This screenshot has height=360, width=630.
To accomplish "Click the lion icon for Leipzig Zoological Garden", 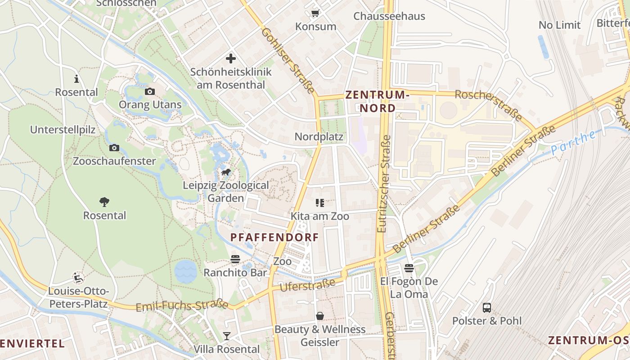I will [x=226, y=173].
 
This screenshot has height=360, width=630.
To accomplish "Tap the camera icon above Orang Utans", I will [x=150, y=92].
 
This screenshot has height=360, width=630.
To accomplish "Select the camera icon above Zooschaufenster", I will [x=114, y=148].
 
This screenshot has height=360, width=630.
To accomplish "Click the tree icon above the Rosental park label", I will [x=104, y=202].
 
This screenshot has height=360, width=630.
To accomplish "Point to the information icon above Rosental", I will [x=76, y=79].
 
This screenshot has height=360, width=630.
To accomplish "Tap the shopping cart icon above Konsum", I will [x=315, y=13].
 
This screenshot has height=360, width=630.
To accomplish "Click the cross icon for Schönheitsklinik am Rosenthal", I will [x=231, y=58].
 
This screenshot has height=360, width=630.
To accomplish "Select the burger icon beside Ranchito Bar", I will [x=235, y=259].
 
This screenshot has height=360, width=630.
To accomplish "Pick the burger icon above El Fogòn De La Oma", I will [x=409, y=269].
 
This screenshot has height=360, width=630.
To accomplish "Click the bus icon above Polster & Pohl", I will [x=487, y=308].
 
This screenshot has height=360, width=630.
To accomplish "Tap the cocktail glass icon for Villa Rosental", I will [x=226, y=336].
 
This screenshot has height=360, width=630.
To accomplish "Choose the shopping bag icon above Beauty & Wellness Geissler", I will [x=320, y=316].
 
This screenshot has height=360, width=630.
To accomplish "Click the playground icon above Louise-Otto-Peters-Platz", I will [x=78, y=278].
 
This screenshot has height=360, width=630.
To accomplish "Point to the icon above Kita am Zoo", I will [x=320, y=203].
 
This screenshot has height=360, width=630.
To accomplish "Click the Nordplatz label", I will [x=319, y=137].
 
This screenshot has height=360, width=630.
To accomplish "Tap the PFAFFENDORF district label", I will [x=274, y=237].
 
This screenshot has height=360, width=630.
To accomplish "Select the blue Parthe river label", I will [x=573, y=143].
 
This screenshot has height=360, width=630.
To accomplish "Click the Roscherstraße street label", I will [x=489, y=105].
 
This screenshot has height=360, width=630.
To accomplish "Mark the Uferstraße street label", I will [x=307, y=285].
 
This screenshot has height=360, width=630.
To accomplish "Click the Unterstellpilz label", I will [x=63, y=130].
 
